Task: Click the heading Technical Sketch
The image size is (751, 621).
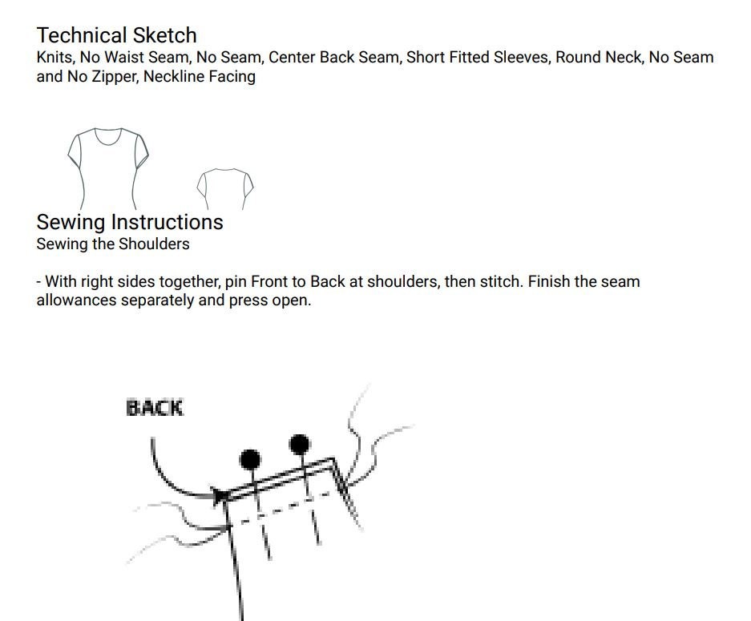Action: click(116, 35)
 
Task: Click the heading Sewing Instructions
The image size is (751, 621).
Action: click(130, 222)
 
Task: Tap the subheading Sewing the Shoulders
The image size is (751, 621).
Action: click(113, 244)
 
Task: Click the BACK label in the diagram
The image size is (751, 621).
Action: click(155, 409)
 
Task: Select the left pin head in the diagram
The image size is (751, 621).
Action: click(250, 460)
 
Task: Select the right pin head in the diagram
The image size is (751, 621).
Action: click(300, 445)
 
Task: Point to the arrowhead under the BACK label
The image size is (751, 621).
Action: click(220, 495)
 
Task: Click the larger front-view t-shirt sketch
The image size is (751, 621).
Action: click(108, 168)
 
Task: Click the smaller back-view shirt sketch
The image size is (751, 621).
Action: click(225, 188)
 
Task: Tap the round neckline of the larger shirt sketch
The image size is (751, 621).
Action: click(107, 143)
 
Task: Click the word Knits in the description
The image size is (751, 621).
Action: click(54, 58)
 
